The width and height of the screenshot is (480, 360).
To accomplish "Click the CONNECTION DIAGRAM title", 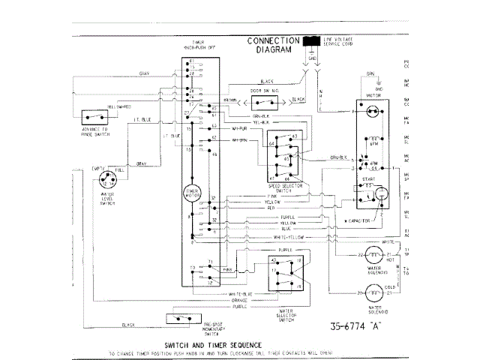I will [x=275, y=44].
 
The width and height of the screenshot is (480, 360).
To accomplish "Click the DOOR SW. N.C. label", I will [x=263, y=91].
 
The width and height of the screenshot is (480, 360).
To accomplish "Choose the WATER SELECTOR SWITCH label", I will [x=286, y=305].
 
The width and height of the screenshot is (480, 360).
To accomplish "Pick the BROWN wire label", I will [x=230, y=100].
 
